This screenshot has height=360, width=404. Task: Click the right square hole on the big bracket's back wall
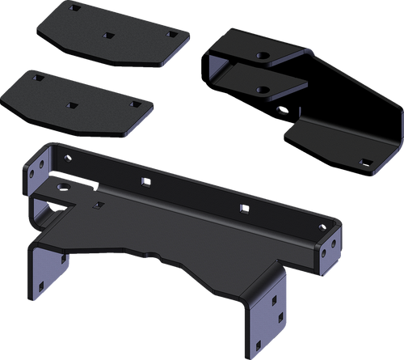click(x=242, y=210)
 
